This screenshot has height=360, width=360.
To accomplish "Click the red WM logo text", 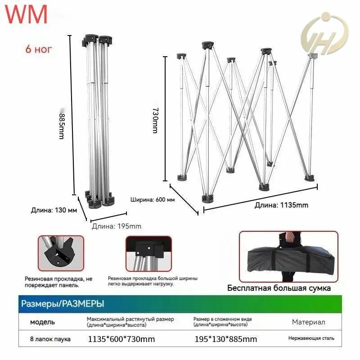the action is (x=26, y=14).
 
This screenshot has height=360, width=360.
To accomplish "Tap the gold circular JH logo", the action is (x=324, y=34).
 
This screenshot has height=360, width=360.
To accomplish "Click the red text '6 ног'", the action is (x=39, y=49).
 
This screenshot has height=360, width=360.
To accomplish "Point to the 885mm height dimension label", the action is (x=62, y=126).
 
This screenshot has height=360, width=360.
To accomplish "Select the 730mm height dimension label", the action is (x=155, y=121).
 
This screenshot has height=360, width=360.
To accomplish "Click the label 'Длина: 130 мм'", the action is (x=54, y=210).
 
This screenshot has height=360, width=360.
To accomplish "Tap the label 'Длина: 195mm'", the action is (x=117, y=226).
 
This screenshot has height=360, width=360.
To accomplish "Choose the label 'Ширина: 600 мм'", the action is (x=153, y=199).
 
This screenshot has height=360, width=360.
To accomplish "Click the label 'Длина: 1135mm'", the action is (x=281, y=205).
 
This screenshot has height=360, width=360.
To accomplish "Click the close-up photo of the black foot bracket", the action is (x=61, y=253).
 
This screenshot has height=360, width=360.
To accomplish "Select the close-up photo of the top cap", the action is (x=149, y=254).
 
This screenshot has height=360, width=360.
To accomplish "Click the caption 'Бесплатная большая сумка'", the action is (x=279, y=288).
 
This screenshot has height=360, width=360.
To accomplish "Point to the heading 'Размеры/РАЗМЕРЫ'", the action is (x=63, y=304).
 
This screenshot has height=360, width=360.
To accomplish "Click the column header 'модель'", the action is (x=42, y=322).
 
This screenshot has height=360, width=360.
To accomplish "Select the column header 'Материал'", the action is (x=309, y=322).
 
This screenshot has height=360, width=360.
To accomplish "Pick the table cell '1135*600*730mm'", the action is (x=121, y=339).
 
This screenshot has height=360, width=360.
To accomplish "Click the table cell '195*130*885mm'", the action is (x=226, y=339).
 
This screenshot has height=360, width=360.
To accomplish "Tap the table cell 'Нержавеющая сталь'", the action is (x=311, y=338).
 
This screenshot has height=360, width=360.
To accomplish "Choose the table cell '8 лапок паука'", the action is (x=50, y=339).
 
